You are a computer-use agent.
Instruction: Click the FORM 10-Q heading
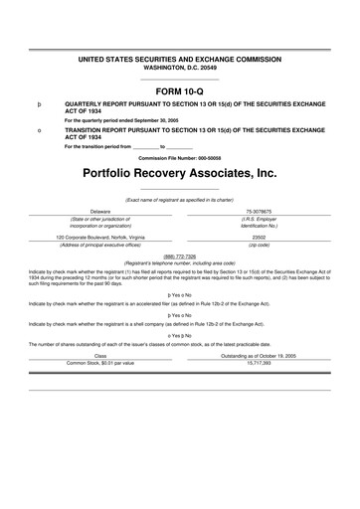pos(179,89)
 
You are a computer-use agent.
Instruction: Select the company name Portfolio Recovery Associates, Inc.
pos(179,173)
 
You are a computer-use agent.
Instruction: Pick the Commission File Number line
pos(179,157)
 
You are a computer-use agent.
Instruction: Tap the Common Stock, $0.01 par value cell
pos(100,363)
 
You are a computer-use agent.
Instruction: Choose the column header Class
pos(100,355)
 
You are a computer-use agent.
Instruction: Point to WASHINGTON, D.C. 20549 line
pos(179,69)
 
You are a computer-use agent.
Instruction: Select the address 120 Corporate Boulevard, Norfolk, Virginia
pos(100,238)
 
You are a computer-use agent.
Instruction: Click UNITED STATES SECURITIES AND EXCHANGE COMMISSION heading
pos(179,61)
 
